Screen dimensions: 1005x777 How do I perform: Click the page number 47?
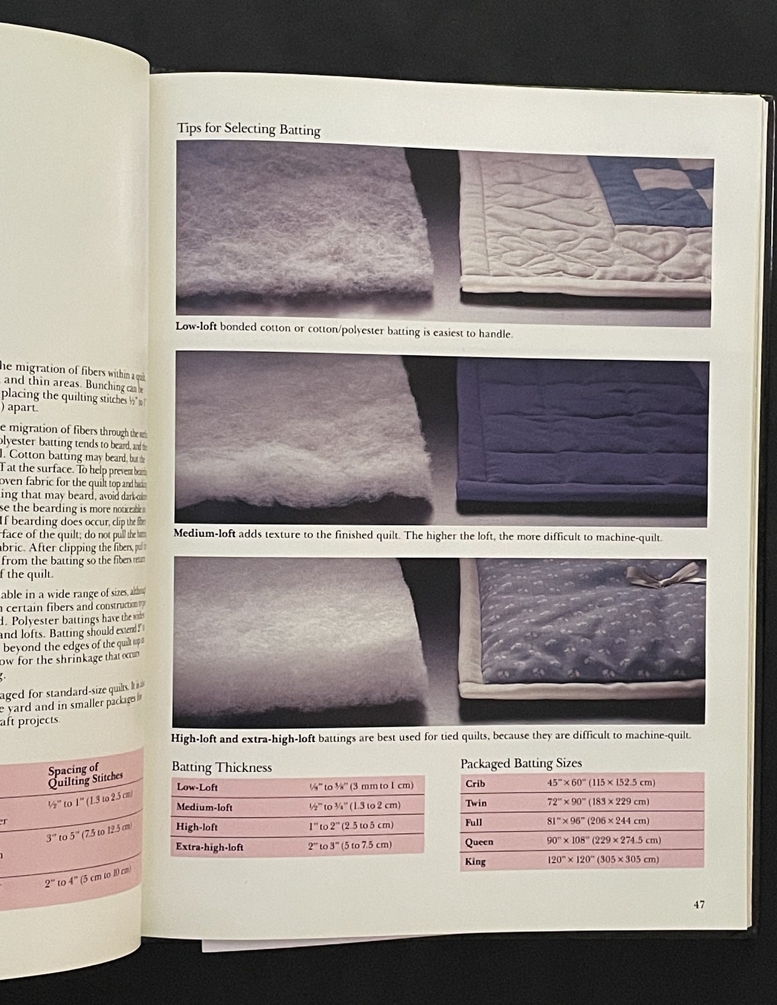pyautogui.click(x=698, y=905)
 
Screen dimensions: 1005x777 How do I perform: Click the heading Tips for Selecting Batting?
pyautogui.click(x=248, y=130)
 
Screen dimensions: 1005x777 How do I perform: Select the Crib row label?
pyautogui.click(x=475, y=783)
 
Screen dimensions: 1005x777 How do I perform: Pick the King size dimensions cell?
pyautogui.click(x=602, y=859)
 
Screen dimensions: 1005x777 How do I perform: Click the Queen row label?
pyautogui.click(x=479, y=842)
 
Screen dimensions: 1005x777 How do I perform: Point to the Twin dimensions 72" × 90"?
pyautogui.click(x=598, y=801)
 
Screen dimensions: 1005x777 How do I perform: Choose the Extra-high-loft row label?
pyautogui.click(x=209, y=847)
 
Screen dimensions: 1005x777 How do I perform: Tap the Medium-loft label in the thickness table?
pyautogui.click(x=204, y=807)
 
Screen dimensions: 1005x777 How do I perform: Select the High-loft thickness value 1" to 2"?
pyautogui.click(x=351, y=825)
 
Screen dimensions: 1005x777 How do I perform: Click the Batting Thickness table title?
pyautogui.click(x=222, y=767)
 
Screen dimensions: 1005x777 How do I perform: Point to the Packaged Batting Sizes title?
pyautogui.click(x=521, y=763)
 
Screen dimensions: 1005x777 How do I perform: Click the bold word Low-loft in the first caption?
pyautogui.click(x=196, y=327)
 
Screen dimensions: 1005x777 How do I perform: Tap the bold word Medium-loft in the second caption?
pyautogui.click(x=205, y=533)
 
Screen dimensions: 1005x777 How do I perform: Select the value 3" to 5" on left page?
pyautogui.click(x=89, y=832)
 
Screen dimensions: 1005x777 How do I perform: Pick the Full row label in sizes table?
pyautogui.click(x=473, y=822)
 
